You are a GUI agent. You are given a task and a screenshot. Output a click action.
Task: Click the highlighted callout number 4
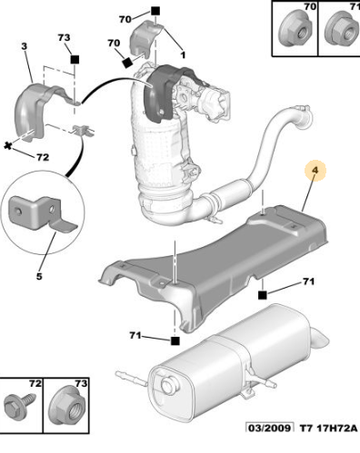[x=315, y=170]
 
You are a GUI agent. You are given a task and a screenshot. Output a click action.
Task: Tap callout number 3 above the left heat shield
[x=25, y=46]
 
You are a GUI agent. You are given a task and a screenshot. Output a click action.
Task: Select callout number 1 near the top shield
[x=183, y=54]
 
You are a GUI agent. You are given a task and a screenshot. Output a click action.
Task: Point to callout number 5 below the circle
[x=39, y=276]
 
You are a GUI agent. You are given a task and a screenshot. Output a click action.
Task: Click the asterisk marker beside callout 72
[x=8, y=146]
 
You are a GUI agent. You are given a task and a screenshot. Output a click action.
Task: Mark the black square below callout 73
[x=75, y=59]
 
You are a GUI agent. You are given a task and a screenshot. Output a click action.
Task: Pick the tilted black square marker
[x=127, y=63]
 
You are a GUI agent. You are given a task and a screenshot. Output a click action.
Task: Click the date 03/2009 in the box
[x=269, y=428]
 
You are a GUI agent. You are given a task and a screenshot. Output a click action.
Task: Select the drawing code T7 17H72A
[x=328, y=428]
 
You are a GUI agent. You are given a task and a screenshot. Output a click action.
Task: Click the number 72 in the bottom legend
[x=35, y=383]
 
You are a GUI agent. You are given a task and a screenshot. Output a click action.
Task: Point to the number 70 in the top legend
[x=310, y=6]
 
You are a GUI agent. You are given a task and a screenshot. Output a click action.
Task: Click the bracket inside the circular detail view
[x=43, y=212]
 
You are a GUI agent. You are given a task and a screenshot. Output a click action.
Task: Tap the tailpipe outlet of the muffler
[x=321, y=340]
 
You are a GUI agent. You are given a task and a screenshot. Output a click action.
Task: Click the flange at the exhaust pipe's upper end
[x=303, y=116]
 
